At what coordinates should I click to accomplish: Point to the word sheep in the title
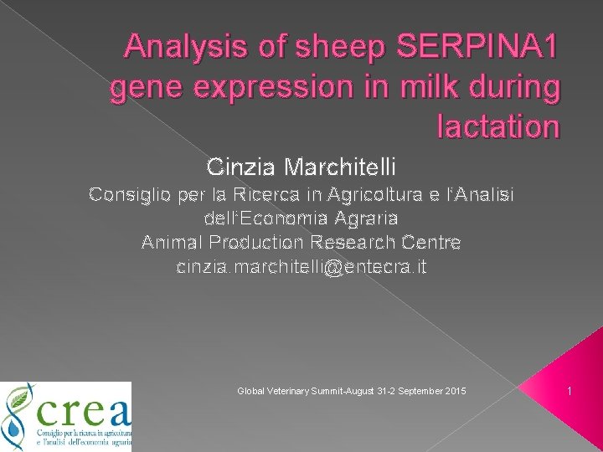(x=319, y=48)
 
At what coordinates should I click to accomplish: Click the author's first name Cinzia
(x=241, y=167)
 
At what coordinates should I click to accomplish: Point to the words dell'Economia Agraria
(x=301, y=218)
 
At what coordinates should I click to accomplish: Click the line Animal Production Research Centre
(x=301, y=243)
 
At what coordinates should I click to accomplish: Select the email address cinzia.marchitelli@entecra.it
(x=301, y=267)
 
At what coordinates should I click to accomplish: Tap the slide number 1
(x=569, y=391)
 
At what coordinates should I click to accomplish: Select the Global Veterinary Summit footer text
(x=352, y=392)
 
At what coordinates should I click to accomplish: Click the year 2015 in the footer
(x=456, y=392)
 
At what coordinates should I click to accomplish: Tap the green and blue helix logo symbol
(x=18, y=416)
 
